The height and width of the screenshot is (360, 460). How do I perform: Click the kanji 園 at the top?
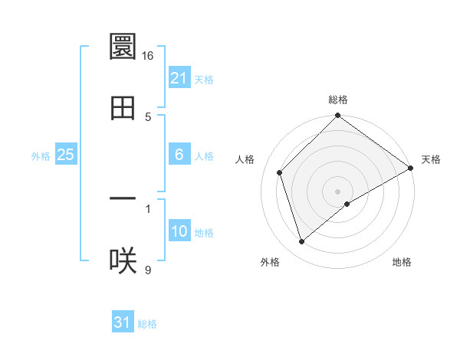point(123,47)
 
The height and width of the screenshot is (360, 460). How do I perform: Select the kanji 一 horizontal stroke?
point(123,199)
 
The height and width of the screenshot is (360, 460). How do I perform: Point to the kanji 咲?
point(123,261)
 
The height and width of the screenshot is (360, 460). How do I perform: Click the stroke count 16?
point(148,56)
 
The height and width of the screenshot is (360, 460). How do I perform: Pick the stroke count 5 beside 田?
point(148,117)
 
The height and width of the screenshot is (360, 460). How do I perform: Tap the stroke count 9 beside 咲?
point(148,270)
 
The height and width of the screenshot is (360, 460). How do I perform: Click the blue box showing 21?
point(179,77)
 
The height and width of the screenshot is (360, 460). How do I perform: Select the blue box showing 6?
point(179,155)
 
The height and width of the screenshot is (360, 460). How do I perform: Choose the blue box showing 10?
point(179,231)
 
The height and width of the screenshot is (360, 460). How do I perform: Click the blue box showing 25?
point(66,155)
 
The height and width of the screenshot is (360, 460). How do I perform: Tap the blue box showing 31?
point(123,322)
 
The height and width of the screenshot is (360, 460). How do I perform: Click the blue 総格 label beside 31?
point(147,324)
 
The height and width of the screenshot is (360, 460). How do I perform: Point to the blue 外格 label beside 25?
point(41,156)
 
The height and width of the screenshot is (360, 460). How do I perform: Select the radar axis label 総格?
point(338,100)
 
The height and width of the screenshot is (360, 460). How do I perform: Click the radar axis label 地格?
point(402,263)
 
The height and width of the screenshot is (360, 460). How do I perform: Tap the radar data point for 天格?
point(410,169)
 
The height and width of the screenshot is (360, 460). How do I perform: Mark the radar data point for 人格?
point(280,172)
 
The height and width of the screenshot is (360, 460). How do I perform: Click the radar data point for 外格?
point(302,241)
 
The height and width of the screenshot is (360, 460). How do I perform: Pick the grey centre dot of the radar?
point(338,191)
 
